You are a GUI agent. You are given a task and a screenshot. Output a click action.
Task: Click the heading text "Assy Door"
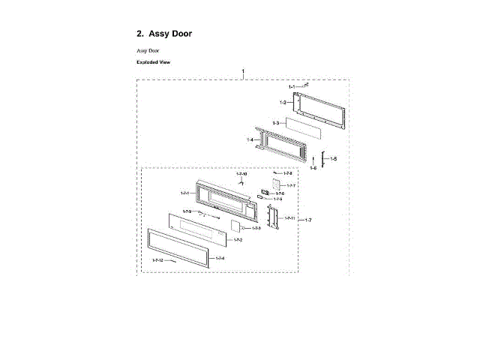[x=170, y=34]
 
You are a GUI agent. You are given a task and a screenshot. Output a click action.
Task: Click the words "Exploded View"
[x=153, y=62]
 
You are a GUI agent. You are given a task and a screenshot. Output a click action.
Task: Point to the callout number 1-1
[x=291, y=88]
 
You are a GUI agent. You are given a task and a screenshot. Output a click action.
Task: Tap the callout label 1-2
[x=283, y=102]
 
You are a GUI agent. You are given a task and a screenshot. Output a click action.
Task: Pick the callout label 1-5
[x=334, y=159]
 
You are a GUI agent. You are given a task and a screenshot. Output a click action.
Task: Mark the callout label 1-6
[x=313, y=169]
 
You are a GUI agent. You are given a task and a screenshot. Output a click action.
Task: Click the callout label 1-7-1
[x=184, y=193]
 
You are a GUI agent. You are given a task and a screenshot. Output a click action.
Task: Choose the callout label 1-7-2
[x=238, y=240]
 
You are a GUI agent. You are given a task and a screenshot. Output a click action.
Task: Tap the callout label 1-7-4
[x=220, y=258]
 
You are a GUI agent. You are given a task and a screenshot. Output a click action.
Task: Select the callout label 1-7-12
[x=157, y=259]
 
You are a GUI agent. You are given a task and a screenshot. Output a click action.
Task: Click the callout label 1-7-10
[x=241, y=175]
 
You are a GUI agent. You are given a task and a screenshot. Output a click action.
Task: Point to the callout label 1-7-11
[x=290, y=217]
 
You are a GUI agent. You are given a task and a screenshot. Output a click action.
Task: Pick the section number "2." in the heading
[x=139, y=34]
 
